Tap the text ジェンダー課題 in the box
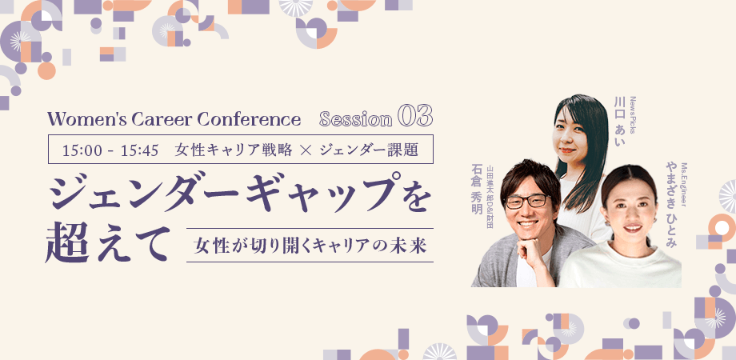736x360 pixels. point(367,150)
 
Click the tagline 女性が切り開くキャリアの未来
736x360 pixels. point(310,246)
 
